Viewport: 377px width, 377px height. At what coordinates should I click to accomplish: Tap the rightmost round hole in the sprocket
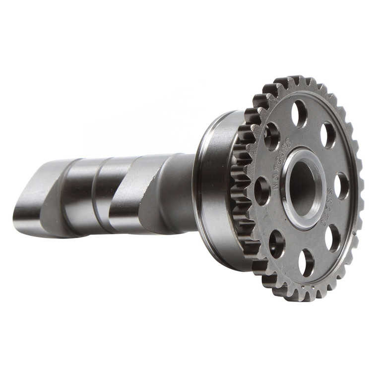point(341,186)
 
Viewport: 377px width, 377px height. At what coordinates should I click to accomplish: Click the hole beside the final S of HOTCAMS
point(271,136)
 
